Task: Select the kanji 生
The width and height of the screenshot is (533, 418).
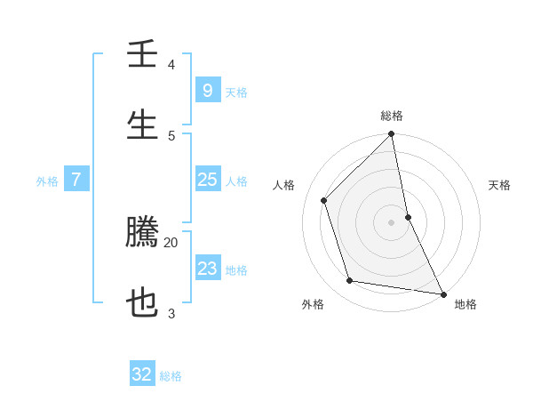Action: (x=142, y=125)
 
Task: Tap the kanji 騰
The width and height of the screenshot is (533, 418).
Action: (x=142, y=233)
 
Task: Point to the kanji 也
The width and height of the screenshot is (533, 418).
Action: (x=142, y=304)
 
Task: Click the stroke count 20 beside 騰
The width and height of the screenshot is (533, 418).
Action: (x=171, y=242)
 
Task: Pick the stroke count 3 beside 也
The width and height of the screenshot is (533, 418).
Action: (x=171, y=313)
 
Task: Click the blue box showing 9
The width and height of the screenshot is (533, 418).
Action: (x=207, y=91)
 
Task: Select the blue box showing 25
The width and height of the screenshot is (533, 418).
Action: (x=207, y=180)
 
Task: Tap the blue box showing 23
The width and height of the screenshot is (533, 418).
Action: (x=207, y=269)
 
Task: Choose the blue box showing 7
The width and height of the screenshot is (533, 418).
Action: (x=76, y=180)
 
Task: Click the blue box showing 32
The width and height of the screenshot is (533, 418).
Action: (x=142, y=374)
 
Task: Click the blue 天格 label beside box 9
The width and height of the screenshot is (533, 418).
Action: (x=236, y=92)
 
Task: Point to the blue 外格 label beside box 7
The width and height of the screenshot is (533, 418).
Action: (x=47, y=181)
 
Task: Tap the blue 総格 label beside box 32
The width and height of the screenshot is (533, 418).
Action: (x=171, y=376)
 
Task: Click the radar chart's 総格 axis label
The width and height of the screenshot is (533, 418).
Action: (x=392, y=116)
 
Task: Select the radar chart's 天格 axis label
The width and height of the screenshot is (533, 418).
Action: (x=500, y=185)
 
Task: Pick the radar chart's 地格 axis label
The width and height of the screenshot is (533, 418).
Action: (x=465, y=304)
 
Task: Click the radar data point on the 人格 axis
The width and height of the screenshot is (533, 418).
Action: (x=324, y=200)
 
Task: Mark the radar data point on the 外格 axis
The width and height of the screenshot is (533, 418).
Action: (x=350, y=281)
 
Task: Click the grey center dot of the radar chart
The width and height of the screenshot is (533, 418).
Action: (x=392, y=222)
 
